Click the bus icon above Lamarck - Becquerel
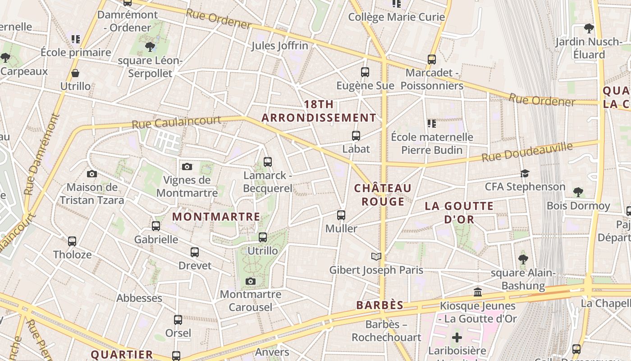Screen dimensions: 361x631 coord(268,162)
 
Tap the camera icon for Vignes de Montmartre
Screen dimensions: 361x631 coord(187,167)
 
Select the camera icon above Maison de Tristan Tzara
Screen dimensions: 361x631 coord(91,174)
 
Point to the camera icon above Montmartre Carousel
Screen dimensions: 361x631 coord(251,282)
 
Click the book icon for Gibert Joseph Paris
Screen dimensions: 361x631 coord(376,257)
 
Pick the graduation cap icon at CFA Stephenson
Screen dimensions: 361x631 coord(525,173)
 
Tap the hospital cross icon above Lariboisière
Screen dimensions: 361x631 coord(457,337)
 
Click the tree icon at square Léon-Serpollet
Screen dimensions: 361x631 coord(150,46)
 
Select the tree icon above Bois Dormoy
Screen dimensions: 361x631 coord(578,192)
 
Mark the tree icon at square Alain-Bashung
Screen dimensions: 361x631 coord(523,259)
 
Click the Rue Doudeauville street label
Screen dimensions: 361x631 coord(527,152)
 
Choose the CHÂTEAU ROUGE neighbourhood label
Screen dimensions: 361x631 coord(383,194)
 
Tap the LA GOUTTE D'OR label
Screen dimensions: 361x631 coord(459,213)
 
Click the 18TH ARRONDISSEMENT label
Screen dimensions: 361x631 coord(319,111)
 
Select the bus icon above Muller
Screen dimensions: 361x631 coord(341,215)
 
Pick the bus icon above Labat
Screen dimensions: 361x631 coord(356,135)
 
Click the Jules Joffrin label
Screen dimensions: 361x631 coord(279,46)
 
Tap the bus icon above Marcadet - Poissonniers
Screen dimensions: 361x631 coord(432,59)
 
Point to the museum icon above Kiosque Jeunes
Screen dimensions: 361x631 coord(478,292)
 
